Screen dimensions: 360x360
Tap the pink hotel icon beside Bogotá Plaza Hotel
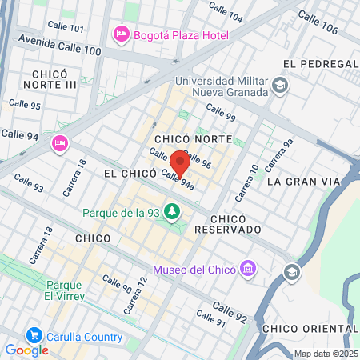122,34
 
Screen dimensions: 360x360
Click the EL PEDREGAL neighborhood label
318,63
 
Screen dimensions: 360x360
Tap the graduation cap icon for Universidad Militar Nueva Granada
279,86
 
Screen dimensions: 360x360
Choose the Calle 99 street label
220,112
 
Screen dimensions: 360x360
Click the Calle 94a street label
178,180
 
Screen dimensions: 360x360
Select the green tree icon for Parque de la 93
170,212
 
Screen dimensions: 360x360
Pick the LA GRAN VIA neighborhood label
303,182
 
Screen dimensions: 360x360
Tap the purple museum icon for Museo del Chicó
248,267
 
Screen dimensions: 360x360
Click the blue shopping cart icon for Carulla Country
34,335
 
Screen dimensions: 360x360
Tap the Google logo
26,350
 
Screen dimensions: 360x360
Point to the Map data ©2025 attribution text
325,354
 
